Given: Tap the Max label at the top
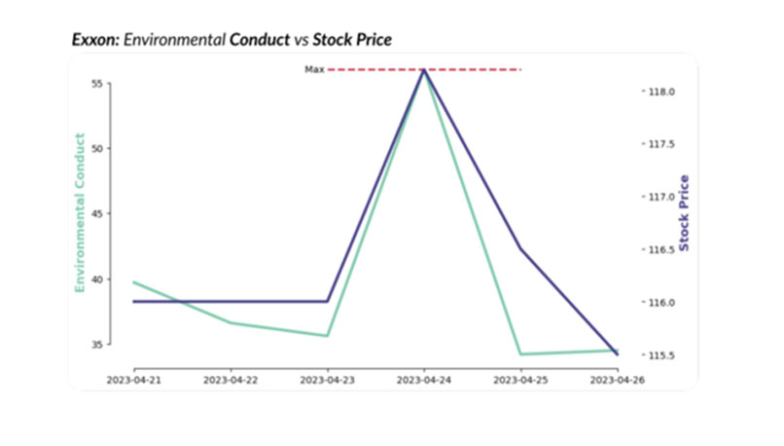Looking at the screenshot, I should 314,70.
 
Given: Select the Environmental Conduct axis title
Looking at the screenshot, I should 80,211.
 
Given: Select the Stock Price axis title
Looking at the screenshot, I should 685,211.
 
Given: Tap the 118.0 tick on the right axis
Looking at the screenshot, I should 662,92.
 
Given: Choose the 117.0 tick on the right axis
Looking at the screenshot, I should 662,197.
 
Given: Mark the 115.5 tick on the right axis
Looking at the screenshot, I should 662,354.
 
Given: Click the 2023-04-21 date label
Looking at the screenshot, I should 133,379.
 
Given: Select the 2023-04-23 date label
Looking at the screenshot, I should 327,379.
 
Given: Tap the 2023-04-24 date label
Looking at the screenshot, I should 424,379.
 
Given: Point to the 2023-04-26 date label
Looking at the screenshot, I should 617,379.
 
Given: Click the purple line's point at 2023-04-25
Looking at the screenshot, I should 520,248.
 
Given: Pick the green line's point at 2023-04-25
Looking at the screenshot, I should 520,354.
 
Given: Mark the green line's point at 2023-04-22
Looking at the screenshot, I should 231,323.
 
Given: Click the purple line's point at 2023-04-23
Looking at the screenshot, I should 327,302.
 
